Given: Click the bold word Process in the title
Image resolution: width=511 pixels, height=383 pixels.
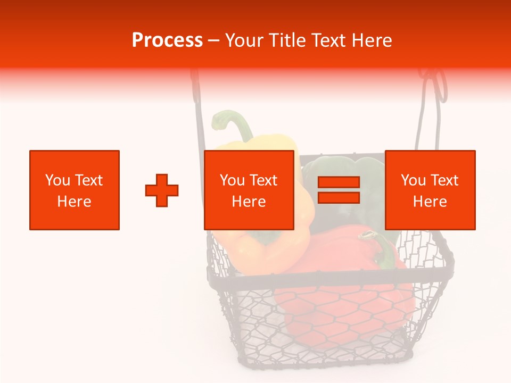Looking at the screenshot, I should coord(167,40).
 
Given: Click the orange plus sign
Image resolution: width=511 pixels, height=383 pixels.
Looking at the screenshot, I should coord(162,190).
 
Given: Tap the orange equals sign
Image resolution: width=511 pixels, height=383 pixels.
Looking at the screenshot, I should coord(339,190).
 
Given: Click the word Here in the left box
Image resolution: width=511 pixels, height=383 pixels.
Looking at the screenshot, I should coord(74,202).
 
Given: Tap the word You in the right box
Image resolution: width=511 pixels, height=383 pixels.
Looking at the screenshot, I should coord(413,180).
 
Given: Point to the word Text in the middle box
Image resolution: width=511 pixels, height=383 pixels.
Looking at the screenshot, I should coord(263,180).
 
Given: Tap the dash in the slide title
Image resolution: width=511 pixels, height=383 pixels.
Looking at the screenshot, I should coord(214,40).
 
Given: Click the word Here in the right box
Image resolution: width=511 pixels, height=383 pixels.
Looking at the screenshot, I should coord(430,202).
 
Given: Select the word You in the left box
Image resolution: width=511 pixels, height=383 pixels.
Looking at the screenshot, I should coord(57,180).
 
